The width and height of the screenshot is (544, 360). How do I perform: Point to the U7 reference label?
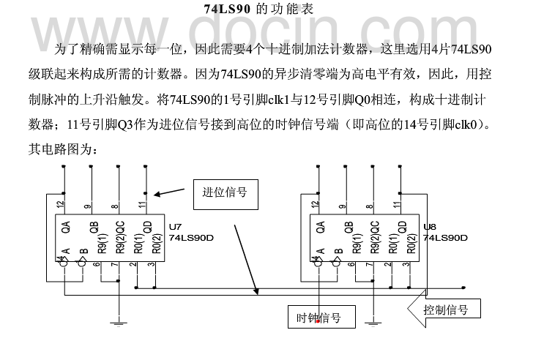[x=174, y=227]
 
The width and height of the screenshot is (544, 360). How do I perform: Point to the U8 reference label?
[x=429, y=227]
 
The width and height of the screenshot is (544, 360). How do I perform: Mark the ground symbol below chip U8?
[x=373, y=320]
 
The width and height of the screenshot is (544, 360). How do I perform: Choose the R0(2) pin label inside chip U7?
[x=155, y=241]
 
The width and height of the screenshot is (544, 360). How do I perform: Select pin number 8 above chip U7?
[x=115, y=206]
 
